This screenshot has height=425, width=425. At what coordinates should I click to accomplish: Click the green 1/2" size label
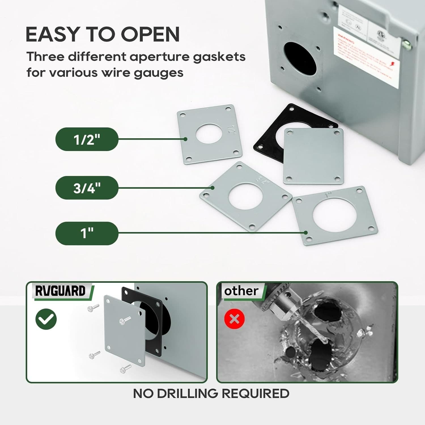coord(87,139)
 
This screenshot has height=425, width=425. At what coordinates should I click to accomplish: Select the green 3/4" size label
coord(87,188)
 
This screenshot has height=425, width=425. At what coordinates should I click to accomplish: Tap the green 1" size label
coord(87,233)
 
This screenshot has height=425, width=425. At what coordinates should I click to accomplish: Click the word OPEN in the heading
coord(150,35)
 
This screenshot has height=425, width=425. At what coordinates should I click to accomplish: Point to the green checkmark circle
coord(46,319)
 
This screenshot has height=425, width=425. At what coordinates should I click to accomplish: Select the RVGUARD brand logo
coord(60,291)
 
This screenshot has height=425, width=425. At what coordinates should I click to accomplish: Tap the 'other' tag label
coord(241,291)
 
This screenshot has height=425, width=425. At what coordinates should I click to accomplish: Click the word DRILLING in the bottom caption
coord(188,394)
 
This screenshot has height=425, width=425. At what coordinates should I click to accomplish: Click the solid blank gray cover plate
coord(313,156)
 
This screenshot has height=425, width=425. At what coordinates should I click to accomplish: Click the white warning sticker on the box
coord(365,58)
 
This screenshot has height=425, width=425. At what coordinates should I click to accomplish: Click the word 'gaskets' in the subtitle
coord(219,57)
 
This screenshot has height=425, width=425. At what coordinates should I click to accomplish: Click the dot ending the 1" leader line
coord(305,233)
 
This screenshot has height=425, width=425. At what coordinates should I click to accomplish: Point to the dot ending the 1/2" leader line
coord(185,139)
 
